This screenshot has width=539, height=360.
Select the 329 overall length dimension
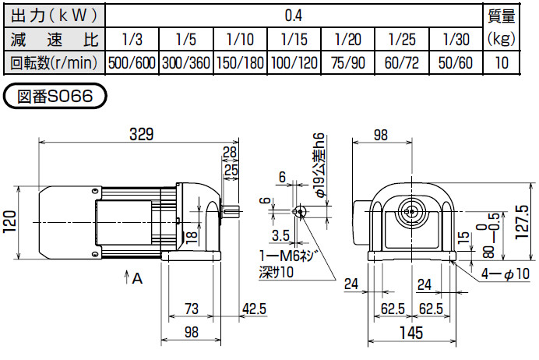click(140, 133)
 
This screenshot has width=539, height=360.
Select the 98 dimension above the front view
click(381, 134)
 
